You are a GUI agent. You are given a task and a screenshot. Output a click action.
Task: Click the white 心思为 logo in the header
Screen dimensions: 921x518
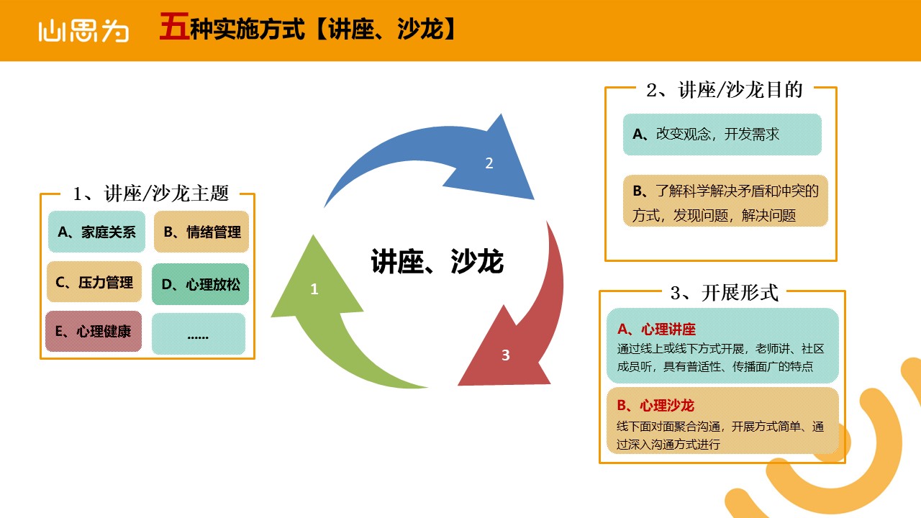(x=83, y=31)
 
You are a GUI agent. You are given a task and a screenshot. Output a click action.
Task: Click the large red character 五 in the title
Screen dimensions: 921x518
(x=174, y=27)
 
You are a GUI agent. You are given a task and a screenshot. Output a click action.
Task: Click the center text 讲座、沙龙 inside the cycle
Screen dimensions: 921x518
(x=437, y=261)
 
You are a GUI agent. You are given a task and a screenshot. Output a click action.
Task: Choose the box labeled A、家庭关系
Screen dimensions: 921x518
(x=96, y=232)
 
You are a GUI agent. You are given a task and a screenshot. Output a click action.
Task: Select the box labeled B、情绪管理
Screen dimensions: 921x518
(x=201, y=232)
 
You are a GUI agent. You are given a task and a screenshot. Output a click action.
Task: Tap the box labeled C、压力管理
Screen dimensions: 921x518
(x=94, y=282)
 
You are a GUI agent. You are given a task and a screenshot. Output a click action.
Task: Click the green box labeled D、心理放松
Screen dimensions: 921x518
(x=200, y=284)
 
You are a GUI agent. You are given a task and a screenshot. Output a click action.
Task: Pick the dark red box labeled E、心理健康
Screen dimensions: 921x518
(x=94, y=332)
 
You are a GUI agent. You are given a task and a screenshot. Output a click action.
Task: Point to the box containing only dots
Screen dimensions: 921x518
(x=199, y=334)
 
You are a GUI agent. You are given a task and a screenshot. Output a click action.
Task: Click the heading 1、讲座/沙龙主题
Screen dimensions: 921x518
(x=150, y=194)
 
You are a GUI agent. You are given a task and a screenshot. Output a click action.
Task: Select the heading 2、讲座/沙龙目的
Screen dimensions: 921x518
(x=725, y=90)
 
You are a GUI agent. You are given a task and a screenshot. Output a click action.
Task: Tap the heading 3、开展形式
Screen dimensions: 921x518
(x=725, y=293)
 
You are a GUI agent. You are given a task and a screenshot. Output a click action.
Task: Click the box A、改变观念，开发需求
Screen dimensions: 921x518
(x=722, y=135)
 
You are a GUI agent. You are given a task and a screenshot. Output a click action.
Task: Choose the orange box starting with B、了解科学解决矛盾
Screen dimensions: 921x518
(x=726, y=201)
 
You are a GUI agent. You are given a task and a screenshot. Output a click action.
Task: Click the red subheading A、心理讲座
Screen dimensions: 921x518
(x=657, y=330)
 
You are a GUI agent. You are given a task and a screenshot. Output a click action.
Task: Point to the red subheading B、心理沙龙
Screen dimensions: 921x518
(x=655, y=406)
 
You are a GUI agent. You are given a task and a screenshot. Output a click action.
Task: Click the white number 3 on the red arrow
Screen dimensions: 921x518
(x=506, y=355)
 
